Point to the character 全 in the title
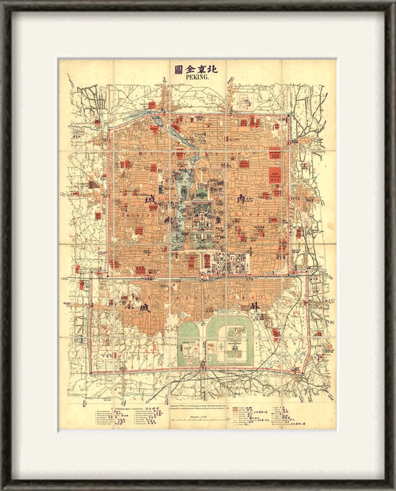190,68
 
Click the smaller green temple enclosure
188,344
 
